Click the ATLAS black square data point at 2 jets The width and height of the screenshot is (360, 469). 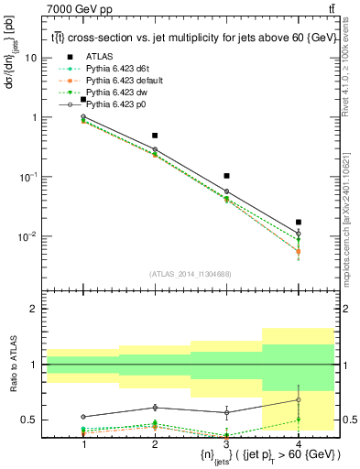click(155, 136)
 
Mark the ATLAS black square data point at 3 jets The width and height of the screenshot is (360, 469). click(226, 175)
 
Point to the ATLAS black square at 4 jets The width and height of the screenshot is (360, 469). click(298, 222)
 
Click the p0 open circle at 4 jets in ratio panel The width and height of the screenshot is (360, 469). click(298, 399)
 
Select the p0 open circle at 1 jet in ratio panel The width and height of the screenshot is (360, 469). click(83, 417)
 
